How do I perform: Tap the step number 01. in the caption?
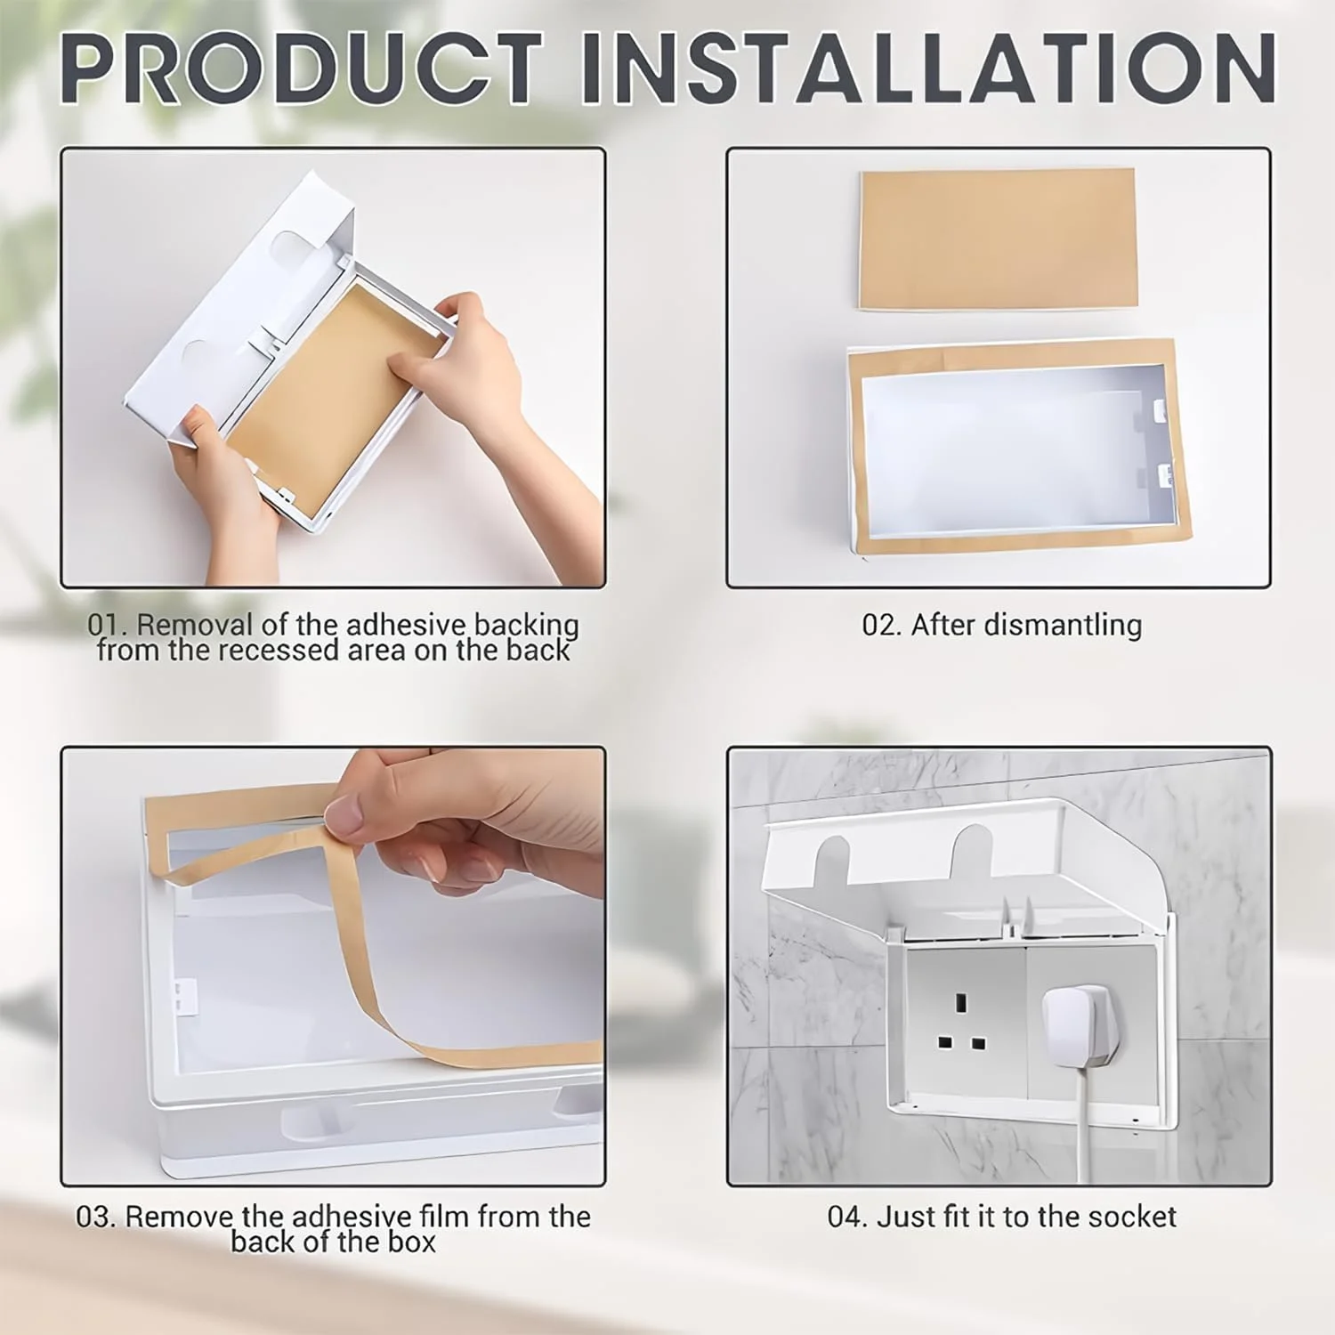108,625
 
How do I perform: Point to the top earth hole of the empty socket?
961,1002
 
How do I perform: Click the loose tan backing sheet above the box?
998,239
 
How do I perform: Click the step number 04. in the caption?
847,1217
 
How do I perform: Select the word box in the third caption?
412,1242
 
